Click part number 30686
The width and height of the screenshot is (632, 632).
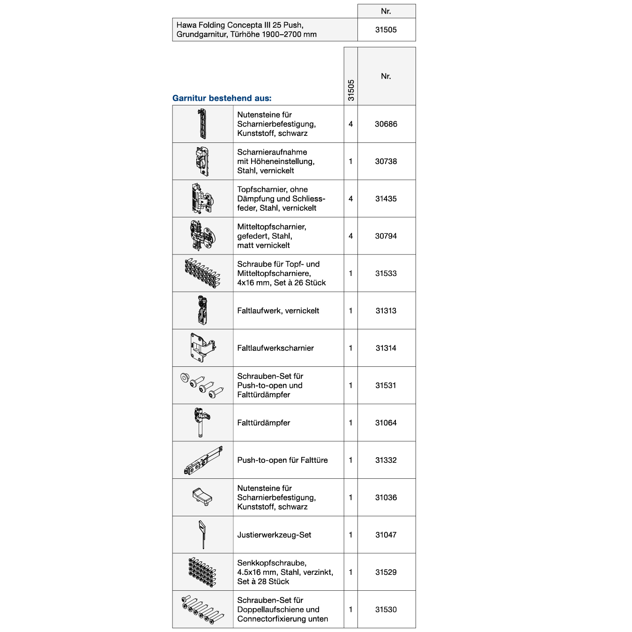386,124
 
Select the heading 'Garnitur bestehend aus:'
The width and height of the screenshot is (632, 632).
222,98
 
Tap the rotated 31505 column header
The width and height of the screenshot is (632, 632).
351,90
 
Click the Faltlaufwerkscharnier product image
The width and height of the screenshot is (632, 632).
203,348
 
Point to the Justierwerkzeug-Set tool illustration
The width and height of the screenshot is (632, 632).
202,534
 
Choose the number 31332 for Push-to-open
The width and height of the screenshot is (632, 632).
386,460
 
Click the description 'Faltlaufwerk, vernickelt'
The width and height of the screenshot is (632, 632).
278,311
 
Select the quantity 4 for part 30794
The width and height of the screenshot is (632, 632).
350,236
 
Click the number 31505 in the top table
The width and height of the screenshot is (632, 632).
386,30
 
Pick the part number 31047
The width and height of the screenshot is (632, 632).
386,535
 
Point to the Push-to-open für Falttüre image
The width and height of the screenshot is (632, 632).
203,460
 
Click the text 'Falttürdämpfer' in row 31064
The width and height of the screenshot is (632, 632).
263,423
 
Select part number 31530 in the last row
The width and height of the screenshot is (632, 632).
386,610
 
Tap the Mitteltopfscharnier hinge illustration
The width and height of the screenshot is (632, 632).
202,236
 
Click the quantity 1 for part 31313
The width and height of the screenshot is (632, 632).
350,311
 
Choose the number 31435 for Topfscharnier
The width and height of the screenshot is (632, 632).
386,199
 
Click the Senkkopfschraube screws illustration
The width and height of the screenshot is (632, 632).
202,572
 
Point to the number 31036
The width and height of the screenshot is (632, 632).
386,498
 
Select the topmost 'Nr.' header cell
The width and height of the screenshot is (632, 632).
386,11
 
